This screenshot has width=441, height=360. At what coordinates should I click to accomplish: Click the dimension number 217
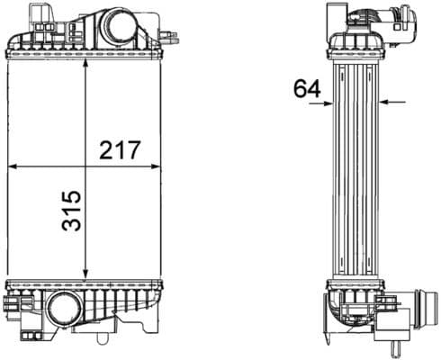(120, 149)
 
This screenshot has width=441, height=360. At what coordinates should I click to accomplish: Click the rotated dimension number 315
(71, 211)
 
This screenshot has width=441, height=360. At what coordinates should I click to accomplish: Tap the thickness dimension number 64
(307, 88)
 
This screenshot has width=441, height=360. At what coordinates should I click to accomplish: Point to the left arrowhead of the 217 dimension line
(12, 166)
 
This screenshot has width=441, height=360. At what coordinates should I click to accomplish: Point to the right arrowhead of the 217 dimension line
(156, 166)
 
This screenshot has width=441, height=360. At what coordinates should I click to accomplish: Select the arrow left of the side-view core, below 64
(321, 103)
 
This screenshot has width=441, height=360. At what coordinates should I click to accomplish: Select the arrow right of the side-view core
(392, 103)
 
